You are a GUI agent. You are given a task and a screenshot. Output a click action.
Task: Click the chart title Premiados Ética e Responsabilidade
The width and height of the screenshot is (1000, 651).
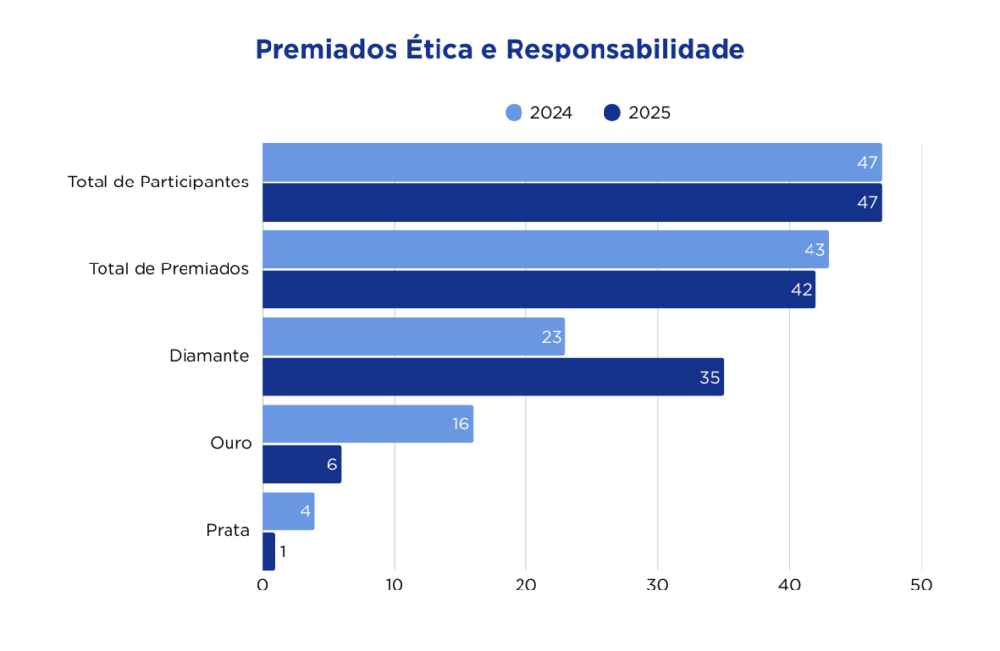pos(499,50)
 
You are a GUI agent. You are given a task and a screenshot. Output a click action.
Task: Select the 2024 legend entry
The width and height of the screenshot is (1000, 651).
pos(539,112)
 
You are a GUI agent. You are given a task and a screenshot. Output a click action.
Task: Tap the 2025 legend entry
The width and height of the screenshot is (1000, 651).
pos(637,112)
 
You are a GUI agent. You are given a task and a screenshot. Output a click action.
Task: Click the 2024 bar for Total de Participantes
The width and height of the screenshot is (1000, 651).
pos(571,162)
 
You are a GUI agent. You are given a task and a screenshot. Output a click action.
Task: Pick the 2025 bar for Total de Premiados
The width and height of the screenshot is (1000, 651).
pos(538,290)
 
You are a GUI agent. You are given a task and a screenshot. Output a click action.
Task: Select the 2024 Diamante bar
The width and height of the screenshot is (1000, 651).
pos(413,337)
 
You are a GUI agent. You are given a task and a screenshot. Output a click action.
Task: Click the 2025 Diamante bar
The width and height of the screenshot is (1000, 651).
pos(492,377)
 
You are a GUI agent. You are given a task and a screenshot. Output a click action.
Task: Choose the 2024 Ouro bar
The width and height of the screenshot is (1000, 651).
pos(367,425)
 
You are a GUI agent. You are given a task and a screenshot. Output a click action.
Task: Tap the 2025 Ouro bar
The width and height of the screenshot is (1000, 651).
pos(301,465)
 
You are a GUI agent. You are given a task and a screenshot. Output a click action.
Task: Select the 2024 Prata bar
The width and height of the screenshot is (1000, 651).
pos(288,511)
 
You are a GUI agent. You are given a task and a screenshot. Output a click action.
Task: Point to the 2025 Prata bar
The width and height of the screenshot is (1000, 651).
pos(269,551)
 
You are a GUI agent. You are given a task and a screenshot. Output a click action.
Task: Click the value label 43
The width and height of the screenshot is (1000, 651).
pos(814,250)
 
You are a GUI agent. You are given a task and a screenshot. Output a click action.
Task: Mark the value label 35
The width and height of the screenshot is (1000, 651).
pos(709,377)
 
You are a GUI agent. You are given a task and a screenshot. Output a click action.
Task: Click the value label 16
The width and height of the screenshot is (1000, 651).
pos(460,425)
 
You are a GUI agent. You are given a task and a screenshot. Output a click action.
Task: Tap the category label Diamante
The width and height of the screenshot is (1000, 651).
pos(209,356)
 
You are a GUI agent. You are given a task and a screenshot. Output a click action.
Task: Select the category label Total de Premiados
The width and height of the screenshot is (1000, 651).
pos(169,268)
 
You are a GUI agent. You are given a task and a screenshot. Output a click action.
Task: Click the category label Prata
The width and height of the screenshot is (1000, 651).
pos(228,531)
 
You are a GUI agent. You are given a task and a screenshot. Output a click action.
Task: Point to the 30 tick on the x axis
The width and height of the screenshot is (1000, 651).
pos(657,586)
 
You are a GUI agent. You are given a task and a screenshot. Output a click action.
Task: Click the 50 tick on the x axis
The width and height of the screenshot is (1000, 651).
pos(921,586)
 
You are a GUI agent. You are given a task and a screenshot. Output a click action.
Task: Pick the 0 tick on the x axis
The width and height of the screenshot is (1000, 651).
pos(262,586)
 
